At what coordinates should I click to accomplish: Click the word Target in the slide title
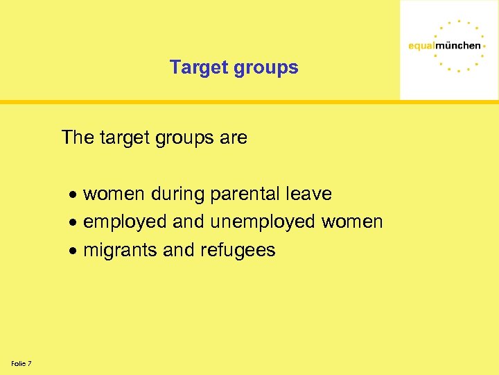click(x=197, y=67)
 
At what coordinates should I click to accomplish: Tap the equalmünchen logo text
click(x=444, y=46)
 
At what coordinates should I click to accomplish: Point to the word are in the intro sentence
click(x=234, y=137)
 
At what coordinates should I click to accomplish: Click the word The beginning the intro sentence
click(x=77, y=137)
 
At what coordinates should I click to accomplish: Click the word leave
click(x=309, y=194)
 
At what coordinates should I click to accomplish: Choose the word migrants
click(x=119, y=250)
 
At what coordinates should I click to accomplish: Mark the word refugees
click(x=238, y=250)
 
